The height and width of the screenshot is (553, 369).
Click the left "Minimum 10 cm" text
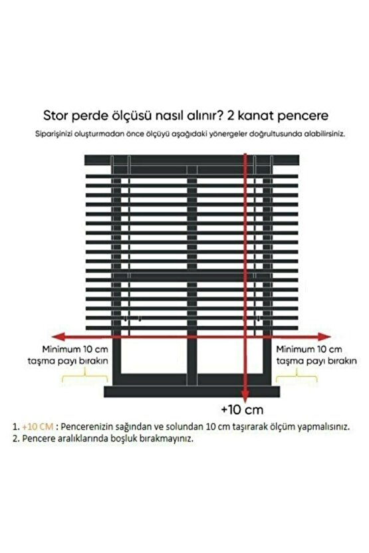point(74,349)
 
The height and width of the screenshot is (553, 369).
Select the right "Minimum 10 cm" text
point(309,349)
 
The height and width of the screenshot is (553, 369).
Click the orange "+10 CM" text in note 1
point(39,425)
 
